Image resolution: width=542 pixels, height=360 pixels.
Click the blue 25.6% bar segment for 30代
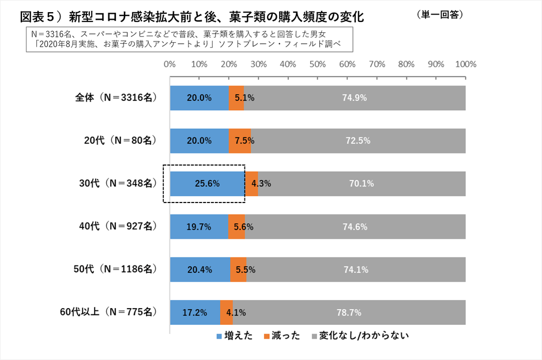pyautogui.click(x=208, y=183)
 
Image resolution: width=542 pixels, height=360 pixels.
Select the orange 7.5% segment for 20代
pyautogui.click(x=240, y=141)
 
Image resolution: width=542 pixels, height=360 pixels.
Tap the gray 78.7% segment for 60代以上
pyautogui.click(x=349, y=313)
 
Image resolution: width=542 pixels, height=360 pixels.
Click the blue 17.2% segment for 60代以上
pyautogui.click(x=195, y=313)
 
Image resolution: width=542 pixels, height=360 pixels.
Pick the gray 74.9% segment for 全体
pyautogui.click(x=355, y=97)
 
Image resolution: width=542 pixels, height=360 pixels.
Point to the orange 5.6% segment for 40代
pyautogui.click(x=236, y=227)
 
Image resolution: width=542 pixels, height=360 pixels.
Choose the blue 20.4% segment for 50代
pyautogui.click(x=200, y=269)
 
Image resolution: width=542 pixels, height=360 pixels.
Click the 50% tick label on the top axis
pyautogui.click(x=317, y=64)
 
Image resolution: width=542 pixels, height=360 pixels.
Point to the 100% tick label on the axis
pyautogui.click(x=465, y=64)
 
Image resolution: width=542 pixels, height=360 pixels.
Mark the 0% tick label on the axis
pyautogui.click(x=170, y=64)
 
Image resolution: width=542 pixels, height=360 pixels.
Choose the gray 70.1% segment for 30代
pyautogui.click(x=362, y=183)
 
